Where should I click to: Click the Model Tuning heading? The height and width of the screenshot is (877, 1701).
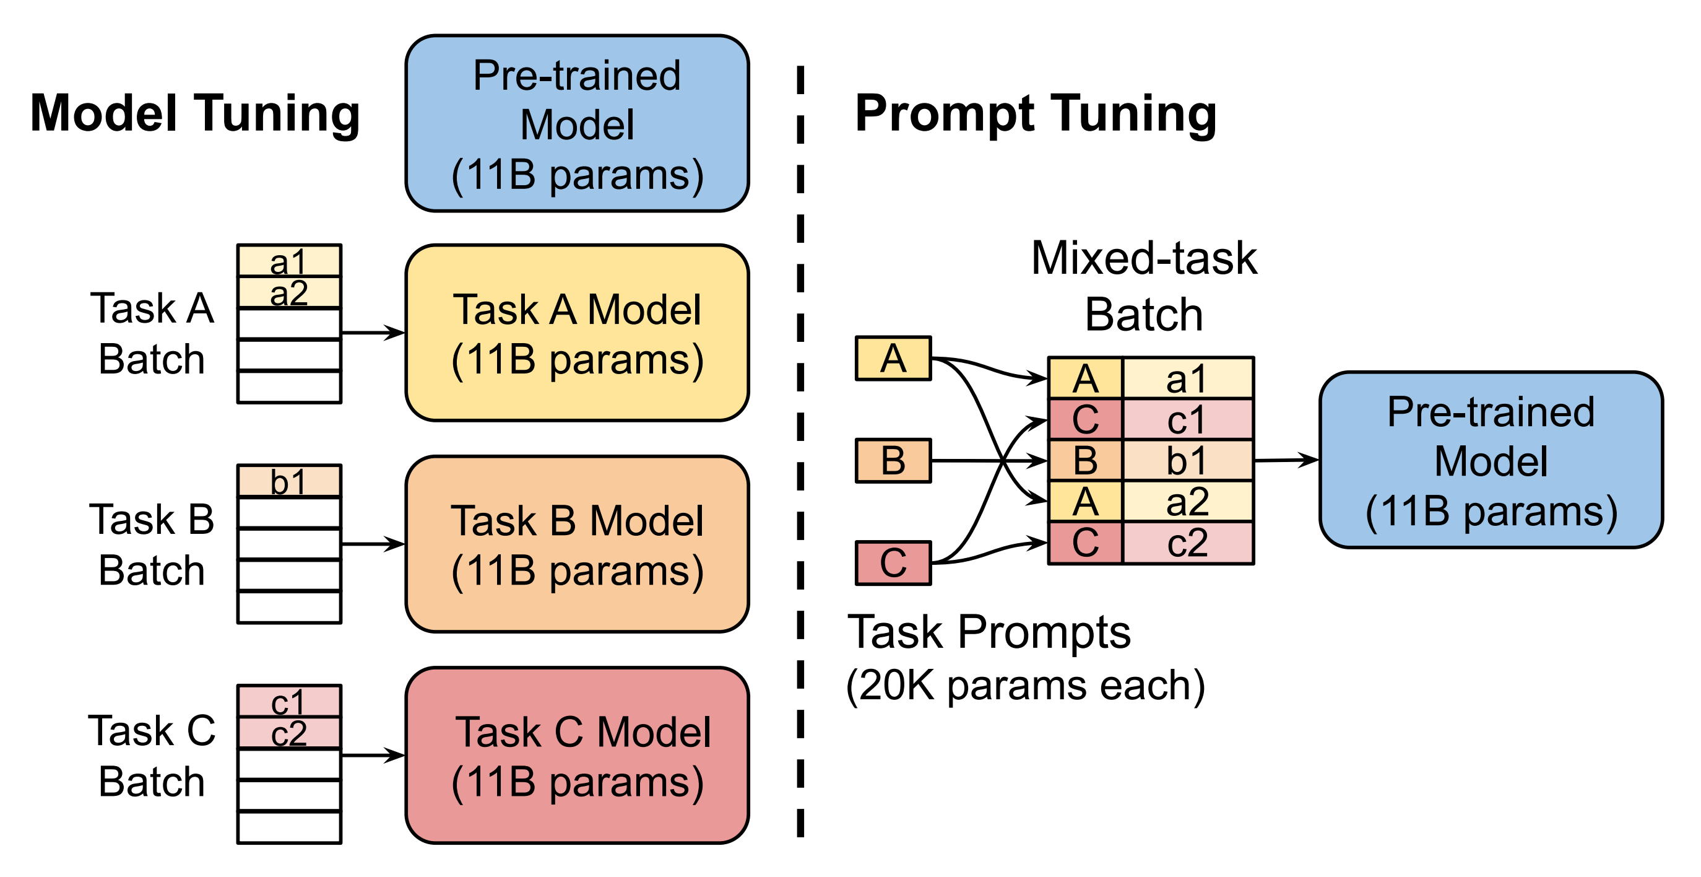coord(196,114)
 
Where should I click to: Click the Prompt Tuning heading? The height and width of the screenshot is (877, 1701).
coord(1036,114)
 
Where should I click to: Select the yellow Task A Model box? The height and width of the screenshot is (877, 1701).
coord(577,333)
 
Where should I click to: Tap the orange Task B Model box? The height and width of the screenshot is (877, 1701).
coord(577,544)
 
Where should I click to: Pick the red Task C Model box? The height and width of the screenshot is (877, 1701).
coord(577,756)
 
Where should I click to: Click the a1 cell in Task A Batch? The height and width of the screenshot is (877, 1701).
coord(289,260)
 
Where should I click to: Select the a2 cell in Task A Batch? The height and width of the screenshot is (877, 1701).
coord(289,292)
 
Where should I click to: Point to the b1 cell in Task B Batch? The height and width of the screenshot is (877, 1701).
coord(289,481)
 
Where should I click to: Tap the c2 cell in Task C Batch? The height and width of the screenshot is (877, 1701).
coord(289,733)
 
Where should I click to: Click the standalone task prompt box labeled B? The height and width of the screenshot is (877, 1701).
coord(893,461)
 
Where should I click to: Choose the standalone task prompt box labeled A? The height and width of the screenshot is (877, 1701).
coord(893,358)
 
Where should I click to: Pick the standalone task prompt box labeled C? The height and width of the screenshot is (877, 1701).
coord(893,563)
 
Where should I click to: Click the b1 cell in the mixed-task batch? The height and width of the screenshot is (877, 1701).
coord(1187,461)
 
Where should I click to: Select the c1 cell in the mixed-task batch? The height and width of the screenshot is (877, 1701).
coord(1187,420)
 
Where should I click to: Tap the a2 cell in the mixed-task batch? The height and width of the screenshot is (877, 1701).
coord(1187,502)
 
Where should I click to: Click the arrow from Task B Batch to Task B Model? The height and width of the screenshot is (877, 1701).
coord(373,544)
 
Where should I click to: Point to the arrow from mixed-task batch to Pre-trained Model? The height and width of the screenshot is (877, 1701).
coord(1286,460)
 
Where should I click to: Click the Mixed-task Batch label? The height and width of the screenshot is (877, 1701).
coord(1145,286)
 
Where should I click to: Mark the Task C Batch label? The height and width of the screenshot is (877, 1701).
coord(152,756)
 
